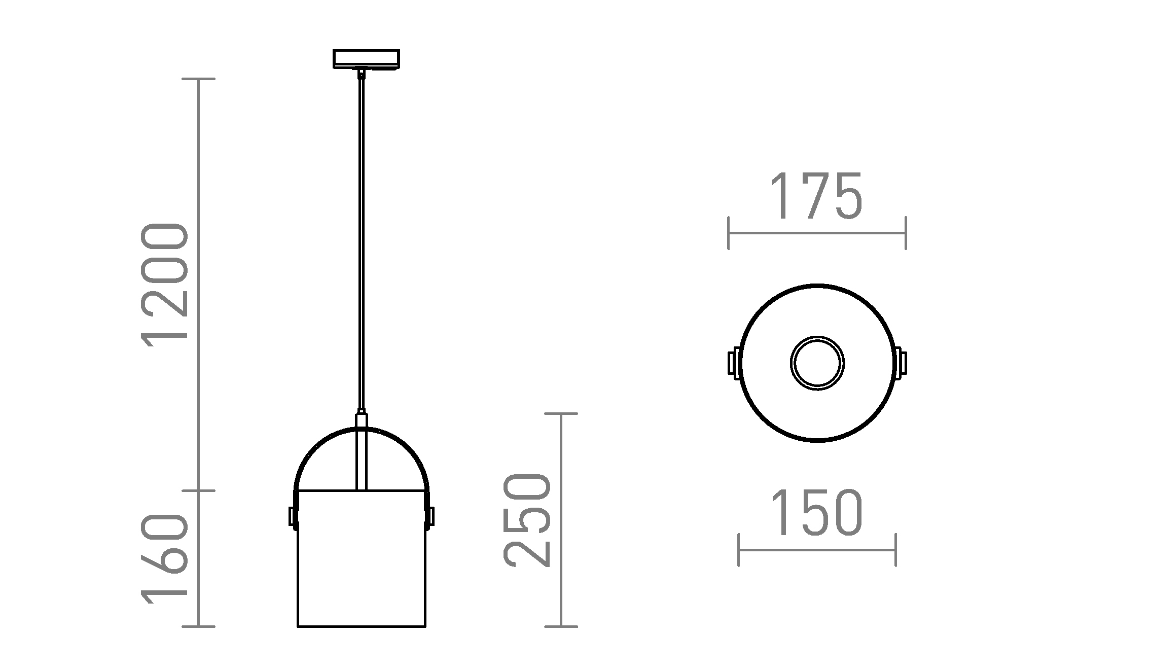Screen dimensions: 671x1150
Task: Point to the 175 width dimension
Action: (x=816, y=197)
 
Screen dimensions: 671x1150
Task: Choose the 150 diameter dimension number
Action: (x=816, y=513)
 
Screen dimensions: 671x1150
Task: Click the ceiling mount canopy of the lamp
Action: (x=366, y=58)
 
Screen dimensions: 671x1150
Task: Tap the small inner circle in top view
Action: (x=817, y=363)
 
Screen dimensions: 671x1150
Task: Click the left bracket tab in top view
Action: (x=733, y=363)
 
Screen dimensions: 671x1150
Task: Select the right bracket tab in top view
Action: (x=902, y=363)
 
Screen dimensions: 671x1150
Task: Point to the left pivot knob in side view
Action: (x=292, y=516)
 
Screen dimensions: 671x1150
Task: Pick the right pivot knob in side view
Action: (x=431, y=516)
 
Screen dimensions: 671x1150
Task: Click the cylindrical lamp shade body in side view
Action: (x=361, y=558)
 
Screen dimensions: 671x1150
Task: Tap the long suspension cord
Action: (x=361, y=243)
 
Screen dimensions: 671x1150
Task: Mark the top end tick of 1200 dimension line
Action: (x=198, y=79)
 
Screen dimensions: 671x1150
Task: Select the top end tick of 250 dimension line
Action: (x=561, y=414)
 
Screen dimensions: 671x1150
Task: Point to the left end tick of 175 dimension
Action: (x=728, y=233)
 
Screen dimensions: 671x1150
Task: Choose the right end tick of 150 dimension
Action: (x=896, y=550)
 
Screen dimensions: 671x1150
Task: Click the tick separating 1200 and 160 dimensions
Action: (x=198, y=490)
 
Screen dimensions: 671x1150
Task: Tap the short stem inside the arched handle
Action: (x=361, y=456)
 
